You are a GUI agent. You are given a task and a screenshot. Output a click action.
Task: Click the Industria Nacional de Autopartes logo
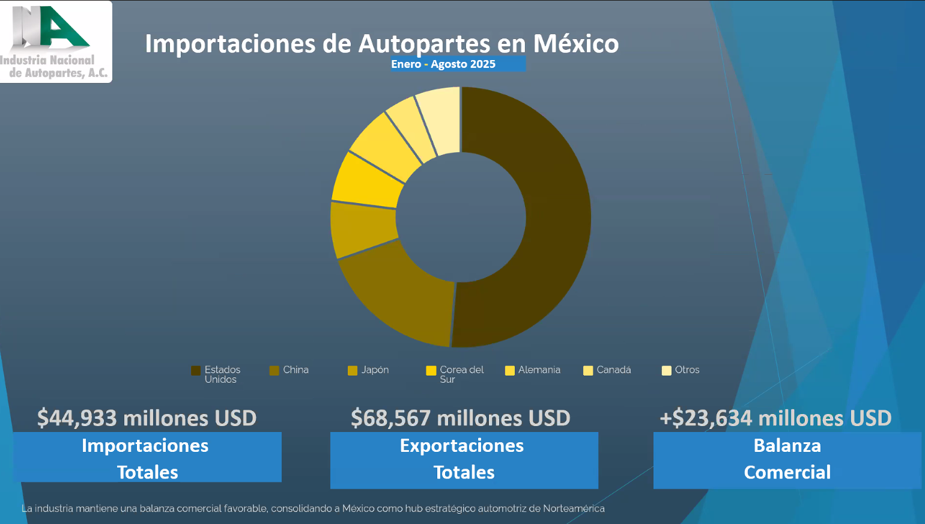(x=55, y=41)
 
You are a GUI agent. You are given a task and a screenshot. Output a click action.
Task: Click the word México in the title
(x=575, y=44)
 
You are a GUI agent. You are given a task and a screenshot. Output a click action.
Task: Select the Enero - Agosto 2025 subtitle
(x=443, y=64)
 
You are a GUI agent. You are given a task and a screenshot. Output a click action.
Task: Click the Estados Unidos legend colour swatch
(x=196, y=370)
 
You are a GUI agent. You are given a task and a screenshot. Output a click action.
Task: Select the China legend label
(x=296, y=370)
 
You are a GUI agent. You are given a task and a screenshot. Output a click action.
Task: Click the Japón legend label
(x=375, y=370)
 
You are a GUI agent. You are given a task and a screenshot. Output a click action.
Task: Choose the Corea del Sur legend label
(x=461, y=374)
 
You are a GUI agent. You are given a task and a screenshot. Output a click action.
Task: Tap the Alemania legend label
(x=539, y=370)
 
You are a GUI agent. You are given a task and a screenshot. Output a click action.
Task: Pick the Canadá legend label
(x=613, y=370)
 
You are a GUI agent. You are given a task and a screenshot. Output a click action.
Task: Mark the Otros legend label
(x=687, y=370)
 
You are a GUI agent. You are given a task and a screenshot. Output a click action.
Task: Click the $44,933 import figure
(x=147, y=418)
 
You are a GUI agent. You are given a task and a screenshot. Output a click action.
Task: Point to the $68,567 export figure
(x=460, y=418)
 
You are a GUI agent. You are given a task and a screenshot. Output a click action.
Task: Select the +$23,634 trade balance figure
(x=775, y=418)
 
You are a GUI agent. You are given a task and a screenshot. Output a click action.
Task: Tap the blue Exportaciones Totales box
(x=464, y=460)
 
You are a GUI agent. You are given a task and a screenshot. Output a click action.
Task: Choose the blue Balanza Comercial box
(x=787, y=460)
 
